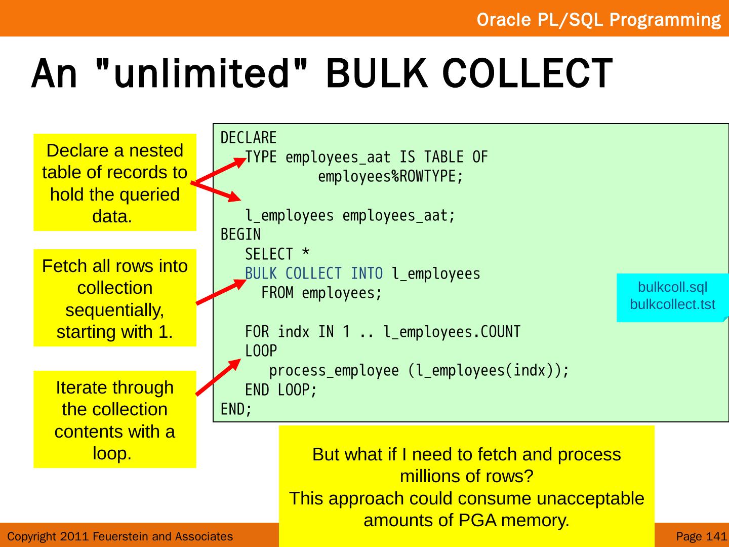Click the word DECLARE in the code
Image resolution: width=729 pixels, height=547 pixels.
click(249, 138)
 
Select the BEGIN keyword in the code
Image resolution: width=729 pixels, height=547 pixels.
click(240, 235)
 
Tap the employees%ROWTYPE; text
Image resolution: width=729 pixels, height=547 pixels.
click(390, 177)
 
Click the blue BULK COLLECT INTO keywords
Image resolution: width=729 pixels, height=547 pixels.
click(314, 273)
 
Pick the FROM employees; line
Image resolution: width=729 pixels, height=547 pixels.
click(321, 293)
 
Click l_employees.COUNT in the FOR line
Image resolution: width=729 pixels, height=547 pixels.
click(452, 332)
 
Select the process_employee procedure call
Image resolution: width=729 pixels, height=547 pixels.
click(334, 371)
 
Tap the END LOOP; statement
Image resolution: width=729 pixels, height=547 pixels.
click(281, 390)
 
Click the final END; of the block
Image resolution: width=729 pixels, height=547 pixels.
click(236, 409)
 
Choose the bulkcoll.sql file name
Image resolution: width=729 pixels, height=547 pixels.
click(672, 287)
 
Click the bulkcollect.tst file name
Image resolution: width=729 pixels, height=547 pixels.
click(672, 304)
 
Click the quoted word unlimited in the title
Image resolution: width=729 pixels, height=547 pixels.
click(202, 73)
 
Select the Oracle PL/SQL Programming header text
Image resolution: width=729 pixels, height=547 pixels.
click(598, 20)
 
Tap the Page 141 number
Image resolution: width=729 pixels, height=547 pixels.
click(701, 536)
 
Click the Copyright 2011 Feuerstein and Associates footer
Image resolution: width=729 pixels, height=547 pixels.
click(120, 536)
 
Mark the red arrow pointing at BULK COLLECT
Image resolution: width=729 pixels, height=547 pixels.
click(220, 292)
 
